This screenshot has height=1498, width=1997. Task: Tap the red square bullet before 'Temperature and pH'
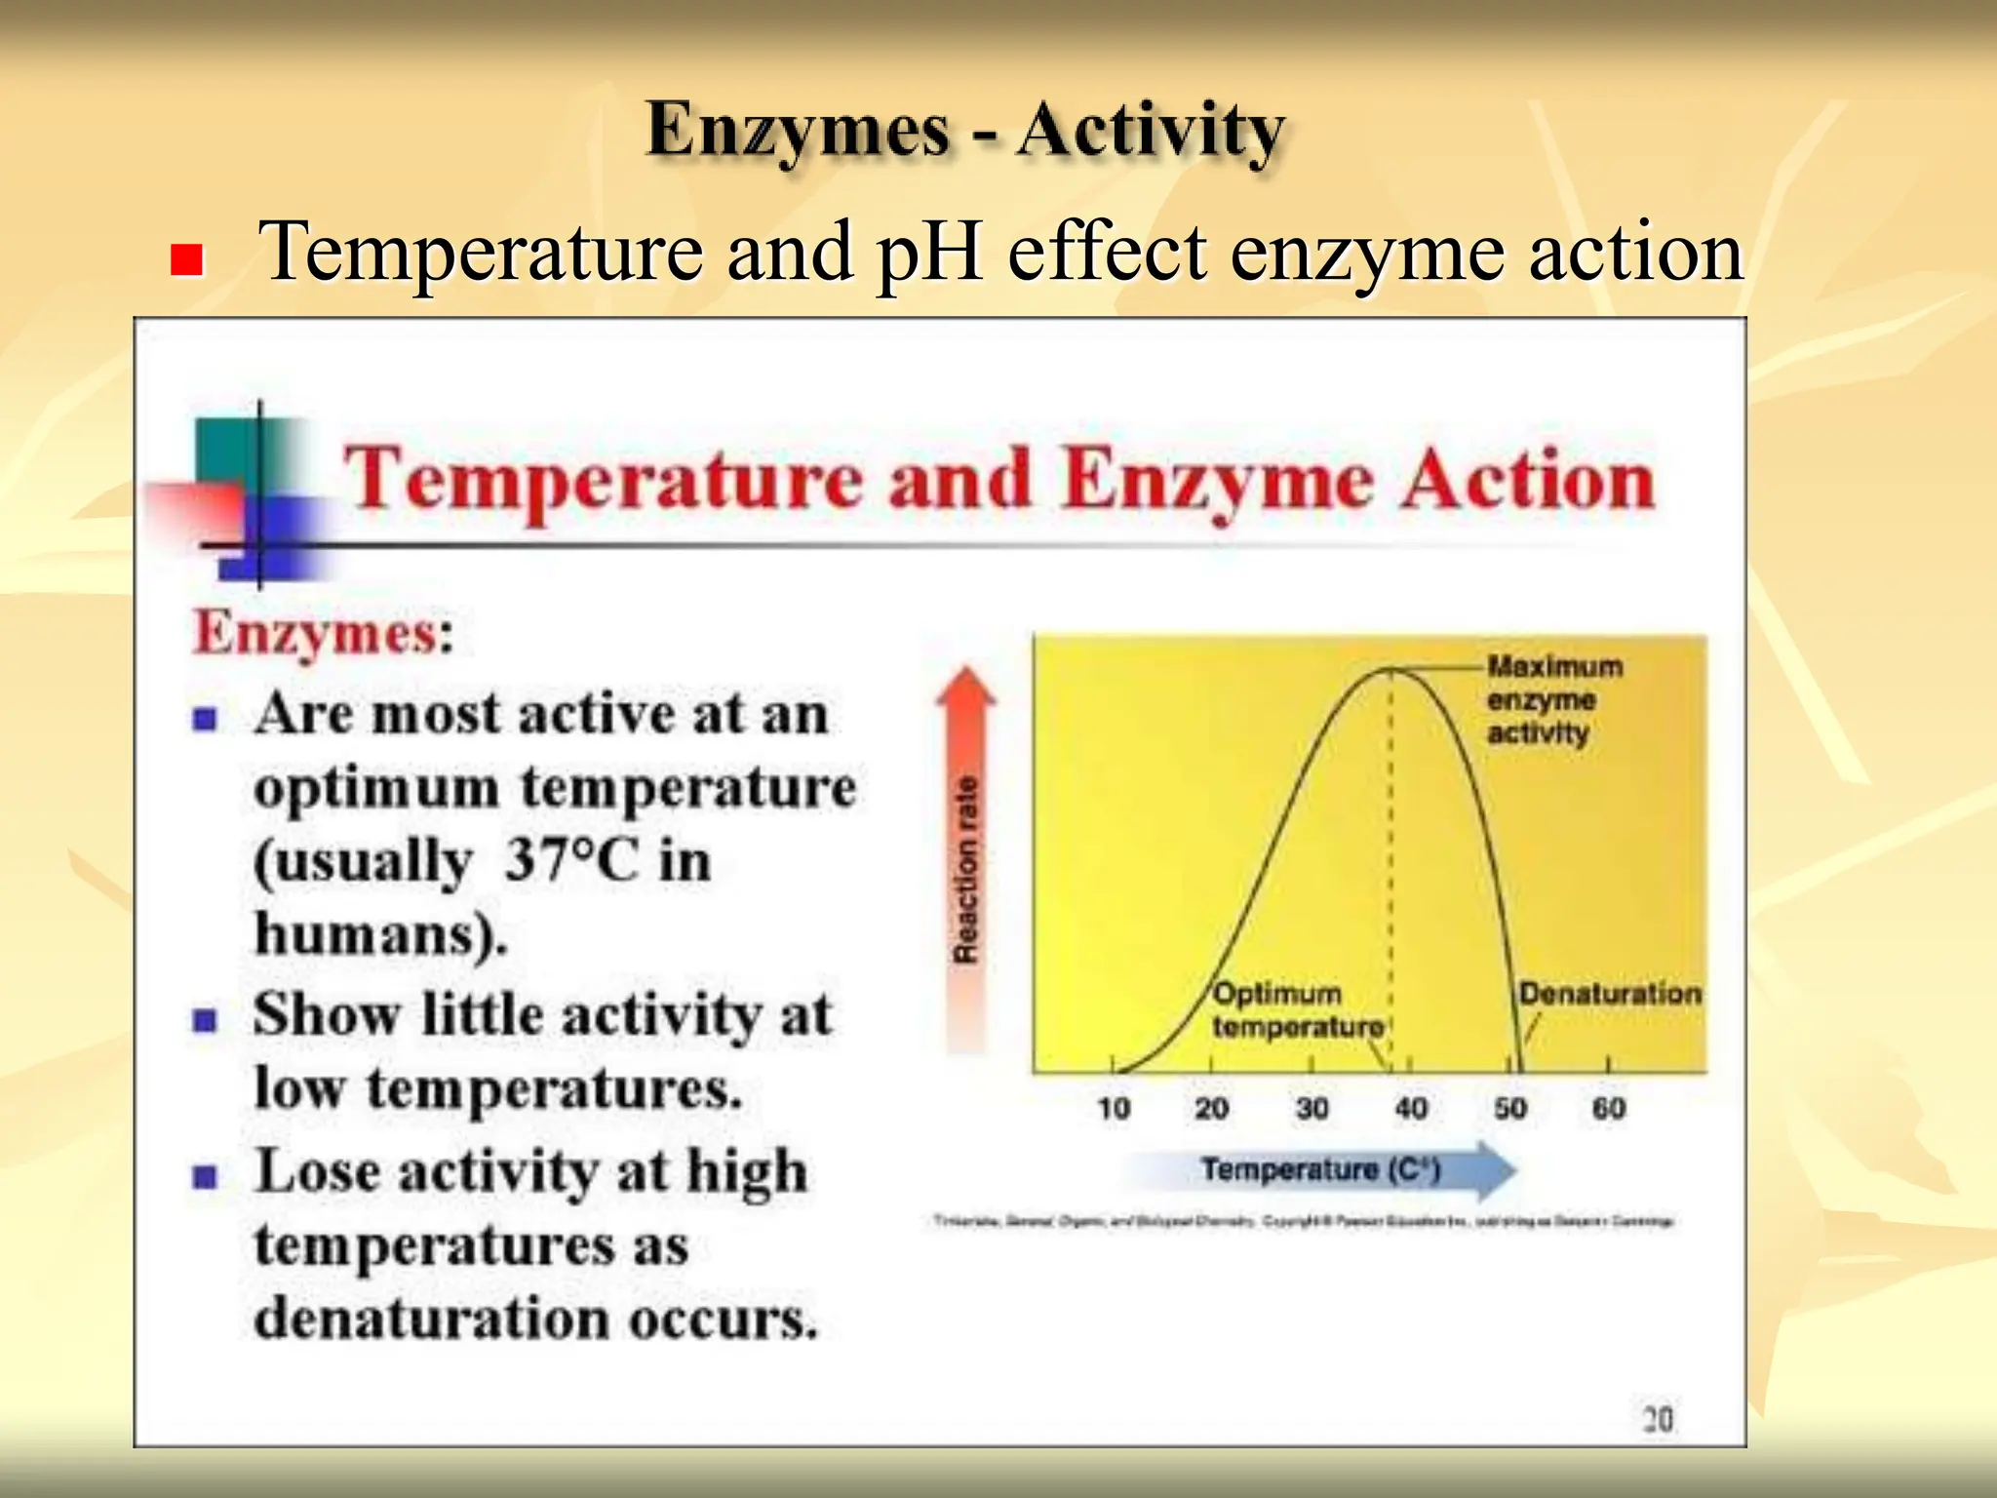185,260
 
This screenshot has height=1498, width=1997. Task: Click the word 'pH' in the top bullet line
928,253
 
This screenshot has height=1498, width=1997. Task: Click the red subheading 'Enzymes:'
323,633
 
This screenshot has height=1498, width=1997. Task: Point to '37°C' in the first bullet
571,860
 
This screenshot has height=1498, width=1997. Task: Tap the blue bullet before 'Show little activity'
205,1021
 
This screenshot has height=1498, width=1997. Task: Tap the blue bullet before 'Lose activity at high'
205,1176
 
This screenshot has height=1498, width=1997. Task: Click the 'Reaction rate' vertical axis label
964,869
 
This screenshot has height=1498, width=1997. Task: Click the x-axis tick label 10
1113,1109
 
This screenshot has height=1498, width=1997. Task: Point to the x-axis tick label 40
1411,1109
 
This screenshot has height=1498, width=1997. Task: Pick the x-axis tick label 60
1608,1109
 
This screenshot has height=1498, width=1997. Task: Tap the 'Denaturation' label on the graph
1609,994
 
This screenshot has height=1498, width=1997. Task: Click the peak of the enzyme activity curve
1390,669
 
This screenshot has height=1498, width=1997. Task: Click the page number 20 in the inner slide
1658,1419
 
